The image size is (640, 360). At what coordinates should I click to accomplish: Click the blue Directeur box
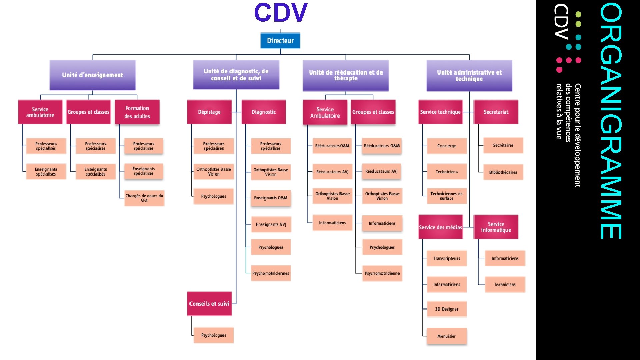pyautogui.click(x=280, y=41)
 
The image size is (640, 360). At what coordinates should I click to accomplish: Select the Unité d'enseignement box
pyautogui.click(x=93, y=75)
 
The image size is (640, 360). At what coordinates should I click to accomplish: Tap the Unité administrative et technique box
pyautogui.click(x=469, y=75)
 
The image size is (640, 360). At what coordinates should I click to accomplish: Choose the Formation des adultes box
pyautogui.click(x=137, y=112)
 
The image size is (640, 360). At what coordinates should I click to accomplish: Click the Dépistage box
pyautogui.click(x=209, y=112)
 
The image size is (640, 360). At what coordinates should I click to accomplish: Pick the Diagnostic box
pyautogui.click(x=264, y=112)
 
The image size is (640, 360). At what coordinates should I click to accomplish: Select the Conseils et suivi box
pyautogui.click(x=209, y=304)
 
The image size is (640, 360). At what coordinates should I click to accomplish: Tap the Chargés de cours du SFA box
pyautogui.click(x=144, y=198)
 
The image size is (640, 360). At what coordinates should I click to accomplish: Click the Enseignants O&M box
pyautogui.click(x=271, y=198)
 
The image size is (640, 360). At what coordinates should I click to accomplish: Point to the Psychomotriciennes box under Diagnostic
pyautogui.click(x=271, y=273)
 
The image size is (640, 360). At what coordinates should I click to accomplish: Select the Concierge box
pyautogui.click(x=447, y=146)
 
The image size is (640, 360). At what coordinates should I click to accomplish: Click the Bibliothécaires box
pyautogui.click(x=503, y=172)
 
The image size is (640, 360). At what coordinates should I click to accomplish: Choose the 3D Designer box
pyautogui.click(x=447, y=309)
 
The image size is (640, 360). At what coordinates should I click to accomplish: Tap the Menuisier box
pyautogui.click(x=447, y=336)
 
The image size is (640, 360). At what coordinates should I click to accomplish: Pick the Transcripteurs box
pyautogui.click(x=447, y=258)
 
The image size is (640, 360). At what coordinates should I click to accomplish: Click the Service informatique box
pyautogui.click(x=496, y=227)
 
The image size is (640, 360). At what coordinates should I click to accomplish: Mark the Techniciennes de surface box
pyautogui.click(x=447, y=196)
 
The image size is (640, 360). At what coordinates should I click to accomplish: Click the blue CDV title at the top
pyautogui.click(x=281, y=13)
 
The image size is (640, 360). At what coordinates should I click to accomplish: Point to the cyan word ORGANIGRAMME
pyautogui.click(x=611, y=121)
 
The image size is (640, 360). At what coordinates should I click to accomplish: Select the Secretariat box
pyautogui.click(x=496, y=112)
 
